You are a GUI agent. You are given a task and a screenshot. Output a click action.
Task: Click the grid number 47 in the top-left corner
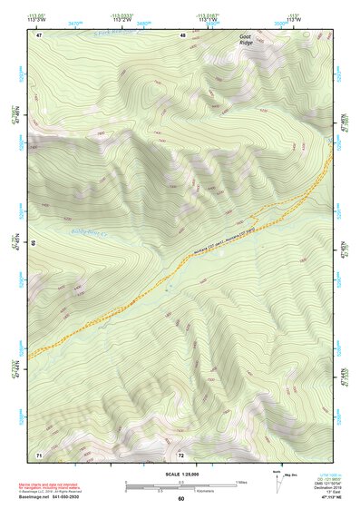[39, 34]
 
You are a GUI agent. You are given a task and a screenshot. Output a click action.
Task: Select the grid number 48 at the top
[183, 34]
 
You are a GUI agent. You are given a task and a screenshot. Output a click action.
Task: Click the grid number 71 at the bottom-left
[38, 454]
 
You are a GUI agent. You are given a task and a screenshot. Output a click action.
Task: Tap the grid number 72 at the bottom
[181, 454]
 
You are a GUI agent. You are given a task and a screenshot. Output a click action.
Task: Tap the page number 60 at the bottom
[180, 499]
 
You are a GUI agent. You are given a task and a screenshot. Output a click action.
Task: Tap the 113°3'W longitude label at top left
[36, 18]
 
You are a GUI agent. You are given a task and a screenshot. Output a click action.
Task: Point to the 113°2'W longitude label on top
[122, 18]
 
